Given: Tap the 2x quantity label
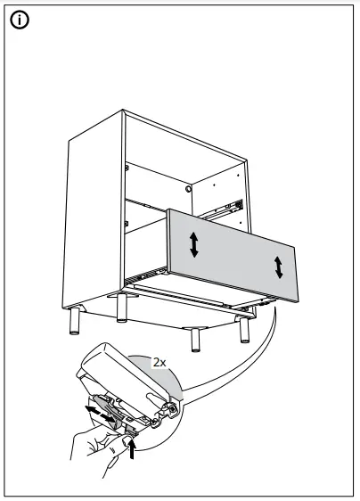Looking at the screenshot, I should [160, 363].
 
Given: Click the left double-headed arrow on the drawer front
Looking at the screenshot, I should [194, 243].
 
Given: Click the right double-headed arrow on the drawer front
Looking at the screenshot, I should [279, 266].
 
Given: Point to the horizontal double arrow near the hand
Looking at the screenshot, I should [100, 414].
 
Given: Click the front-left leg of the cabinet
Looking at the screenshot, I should [120, 309].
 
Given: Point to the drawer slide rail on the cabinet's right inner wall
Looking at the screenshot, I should [223, 209].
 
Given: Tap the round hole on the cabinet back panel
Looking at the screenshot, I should [189, 189].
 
